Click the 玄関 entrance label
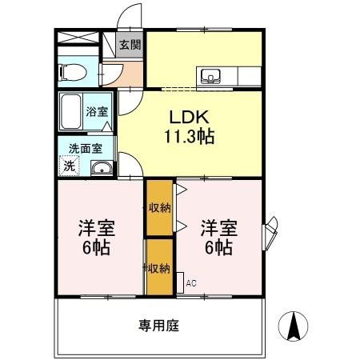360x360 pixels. tap(129, 46)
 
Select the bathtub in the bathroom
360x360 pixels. tap(70, 111)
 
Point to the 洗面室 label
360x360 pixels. tap(84, 148)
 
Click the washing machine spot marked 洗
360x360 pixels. tap(70, 166)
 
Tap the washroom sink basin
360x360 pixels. tap(101, 167)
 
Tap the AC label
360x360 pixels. tap(190, 282)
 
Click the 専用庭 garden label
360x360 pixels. tap(158, 326)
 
